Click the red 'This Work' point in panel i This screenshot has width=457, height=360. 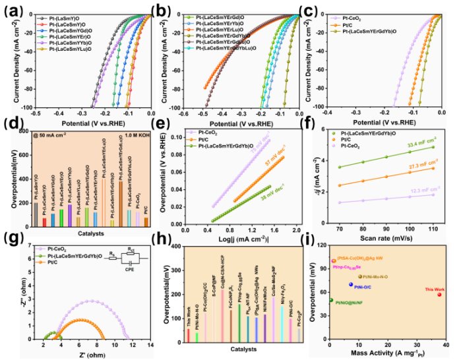click(x=439, y=294)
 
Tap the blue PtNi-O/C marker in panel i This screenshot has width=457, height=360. click(x=351, y=284)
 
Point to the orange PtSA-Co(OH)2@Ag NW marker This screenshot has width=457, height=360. click(x=334, y=261)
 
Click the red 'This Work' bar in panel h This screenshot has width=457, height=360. click(x=188, y=336)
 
